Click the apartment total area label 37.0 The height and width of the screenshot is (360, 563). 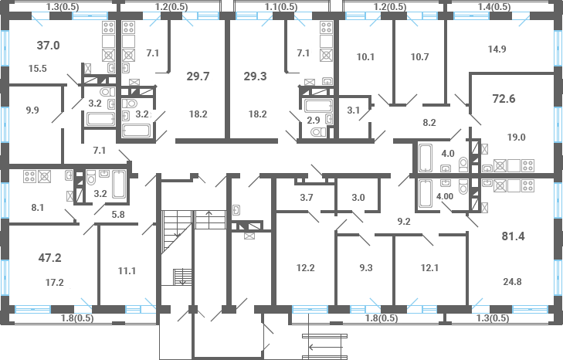tap(48, 46)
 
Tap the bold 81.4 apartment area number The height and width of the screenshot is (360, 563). tap(513, 236)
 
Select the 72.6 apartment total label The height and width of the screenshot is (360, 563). tap(504, 98)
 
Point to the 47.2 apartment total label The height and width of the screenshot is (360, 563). tap(50, 257)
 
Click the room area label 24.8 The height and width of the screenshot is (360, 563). tap(512, 282)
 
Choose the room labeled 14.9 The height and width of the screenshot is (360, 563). tap(497, 49)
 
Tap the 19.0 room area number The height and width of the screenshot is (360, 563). tap(517, 137)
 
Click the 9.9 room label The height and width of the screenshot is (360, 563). tap(32, 110)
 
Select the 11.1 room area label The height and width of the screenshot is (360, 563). tap(127, 270)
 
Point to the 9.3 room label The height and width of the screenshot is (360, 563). tap(366, 267)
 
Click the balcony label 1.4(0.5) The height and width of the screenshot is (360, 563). tap(494, 6)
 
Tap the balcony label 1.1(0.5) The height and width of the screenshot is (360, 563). tap(281, 6)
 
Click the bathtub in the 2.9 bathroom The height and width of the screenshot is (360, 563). tap(318, 106)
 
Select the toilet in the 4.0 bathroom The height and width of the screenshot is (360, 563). tap(463, 165)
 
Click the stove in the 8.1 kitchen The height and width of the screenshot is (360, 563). tap(29, 176)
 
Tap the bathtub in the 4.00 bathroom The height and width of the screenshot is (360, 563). tap(426, 194)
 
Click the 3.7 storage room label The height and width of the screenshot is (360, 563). tap(307, 197)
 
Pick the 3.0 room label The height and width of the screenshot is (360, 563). tap(358, 197)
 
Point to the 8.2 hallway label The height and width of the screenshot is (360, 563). tap(429, 123)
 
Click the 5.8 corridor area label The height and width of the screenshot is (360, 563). tap(118, 215)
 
